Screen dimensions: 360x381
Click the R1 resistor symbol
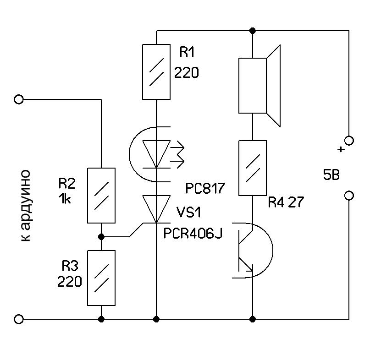pos(156,71)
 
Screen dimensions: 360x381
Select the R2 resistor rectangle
pos(101,195)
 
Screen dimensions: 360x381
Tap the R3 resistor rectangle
pos(101,278)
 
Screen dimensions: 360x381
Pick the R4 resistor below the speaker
pos(253,168)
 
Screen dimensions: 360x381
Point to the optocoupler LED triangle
pos(156,154)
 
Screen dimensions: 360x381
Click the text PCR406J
pos(193,234)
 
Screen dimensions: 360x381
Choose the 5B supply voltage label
pos(331,175)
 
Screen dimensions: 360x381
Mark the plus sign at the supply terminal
pos(340,149)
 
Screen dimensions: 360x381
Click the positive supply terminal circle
pos(349,141)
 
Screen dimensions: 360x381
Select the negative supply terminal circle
pos(349,196)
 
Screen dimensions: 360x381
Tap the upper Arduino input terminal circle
pos(19,99)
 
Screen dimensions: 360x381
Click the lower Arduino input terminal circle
pos(19,319)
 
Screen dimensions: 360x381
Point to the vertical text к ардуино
pos(26,206)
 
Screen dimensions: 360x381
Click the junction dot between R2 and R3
pos(101,237)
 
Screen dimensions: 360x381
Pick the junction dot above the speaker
pos(252,31)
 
